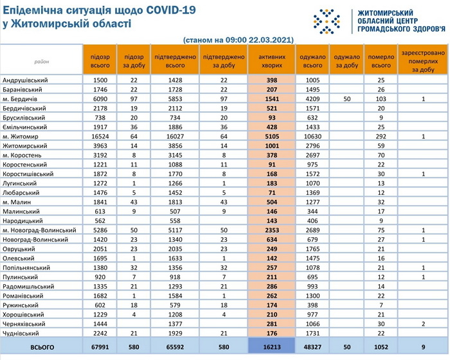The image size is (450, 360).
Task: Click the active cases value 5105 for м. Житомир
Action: (271, 136)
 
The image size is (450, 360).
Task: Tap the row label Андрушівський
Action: (25, 80)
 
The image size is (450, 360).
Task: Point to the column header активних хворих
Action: (271, 61)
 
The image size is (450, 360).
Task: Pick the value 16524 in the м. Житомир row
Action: (100, 136)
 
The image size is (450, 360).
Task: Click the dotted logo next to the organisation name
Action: (326, 21)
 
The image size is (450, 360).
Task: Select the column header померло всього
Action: (380, 61)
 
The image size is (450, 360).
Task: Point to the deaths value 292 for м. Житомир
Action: (380, 136)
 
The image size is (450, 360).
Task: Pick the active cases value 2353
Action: (271, 230)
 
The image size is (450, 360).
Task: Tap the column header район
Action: (41, 61)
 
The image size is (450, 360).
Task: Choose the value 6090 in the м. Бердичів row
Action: (100, 99)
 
